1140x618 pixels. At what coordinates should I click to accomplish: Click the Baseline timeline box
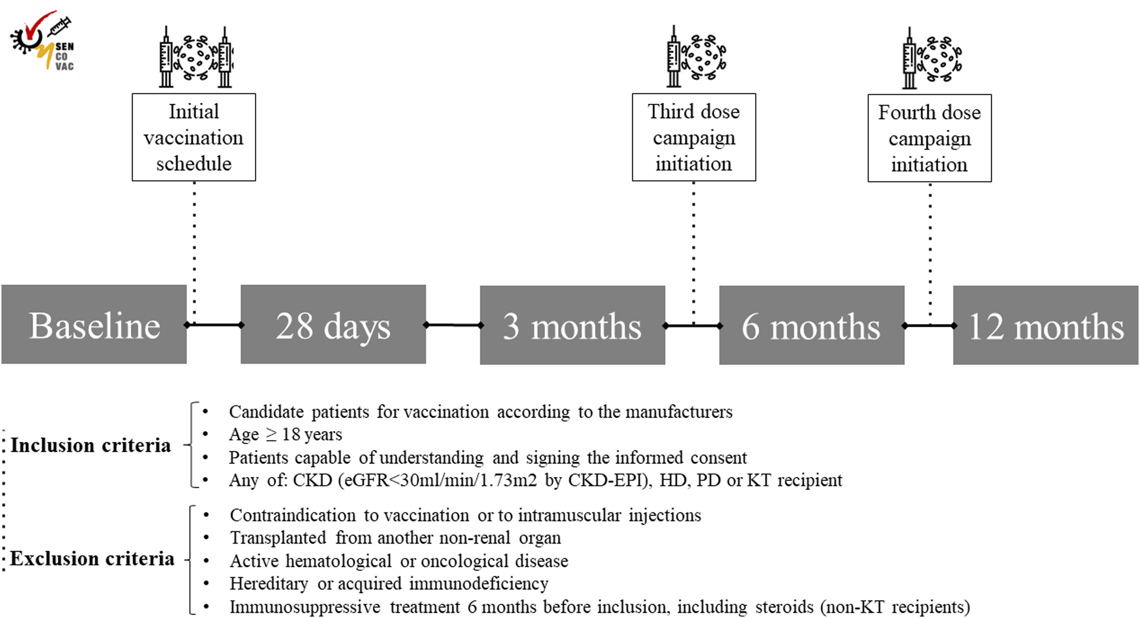click(94, 325)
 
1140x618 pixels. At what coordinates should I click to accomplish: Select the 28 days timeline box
click(333, 325)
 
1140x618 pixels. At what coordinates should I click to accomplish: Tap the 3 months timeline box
click(572, 325)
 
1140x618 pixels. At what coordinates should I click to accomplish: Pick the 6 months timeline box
click(811, 325)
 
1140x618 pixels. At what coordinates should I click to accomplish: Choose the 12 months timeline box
click(1046, 325)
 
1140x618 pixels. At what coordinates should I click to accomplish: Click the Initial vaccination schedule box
click(194, 137)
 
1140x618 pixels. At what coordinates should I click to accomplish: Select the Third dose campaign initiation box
click(693, 137)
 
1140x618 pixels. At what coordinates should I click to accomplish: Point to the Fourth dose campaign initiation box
click(929, 138)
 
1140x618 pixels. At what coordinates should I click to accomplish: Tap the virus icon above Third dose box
click(704, 57)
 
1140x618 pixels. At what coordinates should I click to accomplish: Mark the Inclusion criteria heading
click(91, 445)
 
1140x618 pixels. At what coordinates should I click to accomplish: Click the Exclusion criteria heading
click(92, 559)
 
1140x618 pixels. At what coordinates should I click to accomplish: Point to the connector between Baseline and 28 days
click(214, 325)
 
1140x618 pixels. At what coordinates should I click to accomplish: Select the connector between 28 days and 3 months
click(453, 325)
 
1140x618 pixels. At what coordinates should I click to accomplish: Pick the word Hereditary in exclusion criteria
click(269, 584)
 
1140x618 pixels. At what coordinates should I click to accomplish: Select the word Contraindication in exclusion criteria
click(293, 516)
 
